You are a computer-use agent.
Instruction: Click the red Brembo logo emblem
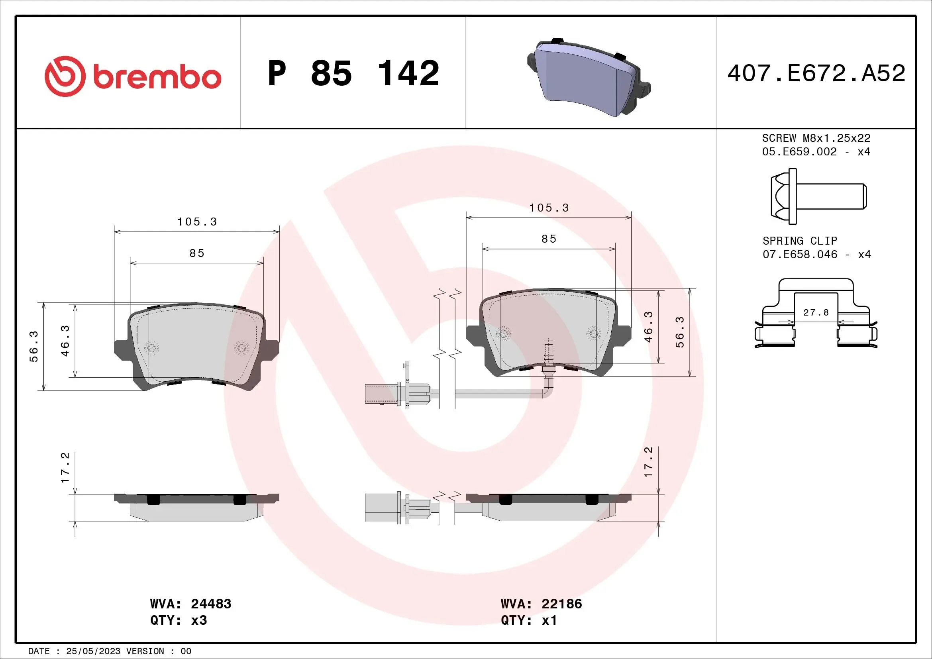point(65,76)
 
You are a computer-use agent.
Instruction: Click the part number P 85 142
point(353,73)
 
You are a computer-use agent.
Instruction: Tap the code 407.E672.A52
point(816,73)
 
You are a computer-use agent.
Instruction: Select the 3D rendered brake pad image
point(589,77)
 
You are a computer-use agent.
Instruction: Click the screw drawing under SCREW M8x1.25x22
point(818,196)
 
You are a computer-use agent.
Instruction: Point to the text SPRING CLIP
point(800,241)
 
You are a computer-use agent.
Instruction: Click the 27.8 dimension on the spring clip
point(816,312)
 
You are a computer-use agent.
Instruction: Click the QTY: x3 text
point(179,620)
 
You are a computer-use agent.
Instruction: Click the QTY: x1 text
point(529,620)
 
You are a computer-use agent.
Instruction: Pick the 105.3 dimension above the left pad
point(197,222)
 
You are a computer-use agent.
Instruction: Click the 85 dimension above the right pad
point(549,239)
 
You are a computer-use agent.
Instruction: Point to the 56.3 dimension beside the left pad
point(34,346)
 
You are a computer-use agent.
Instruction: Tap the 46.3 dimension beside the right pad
point(648,327)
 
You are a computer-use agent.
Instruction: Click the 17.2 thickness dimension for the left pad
point(65,467)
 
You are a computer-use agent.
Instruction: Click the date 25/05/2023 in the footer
point(93,651)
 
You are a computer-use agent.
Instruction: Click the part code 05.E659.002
point(799,152)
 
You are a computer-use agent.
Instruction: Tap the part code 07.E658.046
point(800,255)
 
